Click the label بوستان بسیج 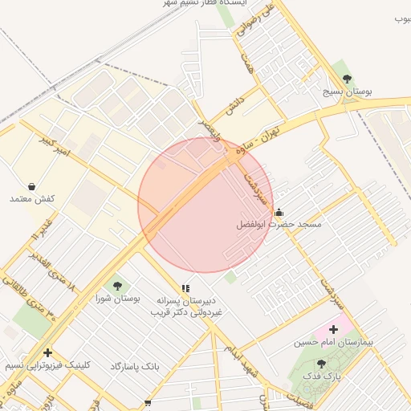point(347,92)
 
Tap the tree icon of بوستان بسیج point(347,79)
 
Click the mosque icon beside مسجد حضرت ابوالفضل point(279,212)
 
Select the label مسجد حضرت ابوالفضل point(279,225)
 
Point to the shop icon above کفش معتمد point(31,185)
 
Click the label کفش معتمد point(31,198)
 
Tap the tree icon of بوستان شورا point(118,284)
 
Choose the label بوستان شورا point(118,298)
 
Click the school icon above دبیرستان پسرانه point(185,287)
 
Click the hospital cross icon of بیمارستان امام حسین point(333,329)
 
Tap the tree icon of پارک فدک point(322,363)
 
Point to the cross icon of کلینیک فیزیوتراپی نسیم point(47,352)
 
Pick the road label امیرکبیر point(55,145)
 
